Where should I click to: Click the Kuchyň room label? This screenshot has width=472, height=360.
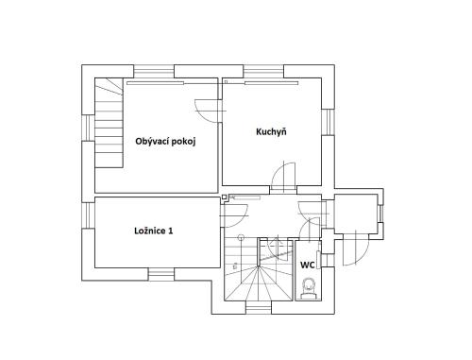271,131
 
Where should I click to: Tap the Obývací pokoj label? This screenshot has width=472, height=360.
165,141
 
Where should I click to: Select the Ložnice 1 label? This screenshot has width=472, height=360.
154,231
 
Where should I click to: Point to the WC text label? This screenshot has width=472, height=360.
308,265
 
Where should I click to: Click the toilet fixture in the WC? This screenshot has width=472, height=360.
309,288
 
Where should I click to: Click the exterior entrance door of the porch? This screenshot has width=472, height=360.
356,249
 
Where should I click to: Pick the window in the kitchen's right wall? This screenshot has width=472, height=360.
328,122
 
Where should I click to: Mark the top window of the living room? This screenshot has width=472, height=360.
154,72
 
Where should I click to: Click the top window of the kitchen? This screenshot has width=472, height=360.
263,72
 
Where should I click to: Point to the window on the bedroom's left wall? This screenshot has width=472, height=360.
88,215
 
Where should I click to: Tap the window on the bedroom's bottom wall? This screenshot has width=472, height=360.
161,274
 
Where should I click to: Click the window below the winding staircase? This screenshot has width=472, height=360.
259,307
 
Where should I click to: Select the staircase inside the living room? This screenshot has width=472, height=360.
109,123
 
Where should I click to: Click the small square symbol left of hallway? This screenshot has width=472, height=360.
224,197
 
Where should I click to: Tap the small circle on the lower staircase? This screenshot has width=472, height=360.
242,237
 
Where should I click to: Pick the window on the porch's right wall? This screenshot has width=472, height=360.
380,214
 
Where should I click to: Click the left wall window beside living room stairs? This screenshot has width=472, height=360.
88,128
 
